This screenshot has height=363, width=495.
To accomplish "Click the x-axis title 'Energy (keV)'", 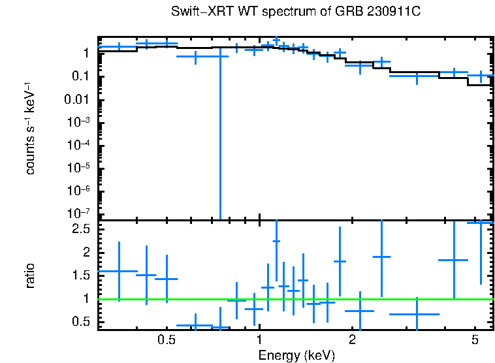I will [296, 355].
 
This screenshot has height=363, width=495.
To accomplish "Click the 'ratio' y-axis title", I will [31, 276].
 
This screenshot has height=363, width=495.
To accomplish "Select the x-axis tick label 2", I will [352, 340].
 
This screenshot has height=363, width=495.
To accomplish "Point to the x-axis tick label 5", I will [474, 340].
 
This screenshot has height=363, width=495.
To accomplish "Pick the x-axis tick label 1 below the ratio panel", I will [260, 340].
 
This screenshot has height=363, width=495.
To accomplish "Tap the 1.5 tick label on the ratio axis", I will [81, 276].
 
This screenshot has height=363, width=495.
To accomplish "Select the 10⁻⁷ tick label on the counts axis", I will [79, 214].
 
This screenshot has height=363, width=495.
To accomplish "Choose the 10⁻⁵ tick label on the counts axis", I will [79, 168].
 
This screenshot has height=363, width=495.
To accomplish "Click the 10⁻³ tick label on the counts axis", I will [79, 123].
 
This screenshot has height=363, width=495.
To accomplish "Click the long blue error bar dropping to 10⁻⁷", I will [220, 144].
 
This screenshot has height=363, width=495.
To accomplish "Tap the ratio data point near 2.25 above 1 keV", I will [276, 241].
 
